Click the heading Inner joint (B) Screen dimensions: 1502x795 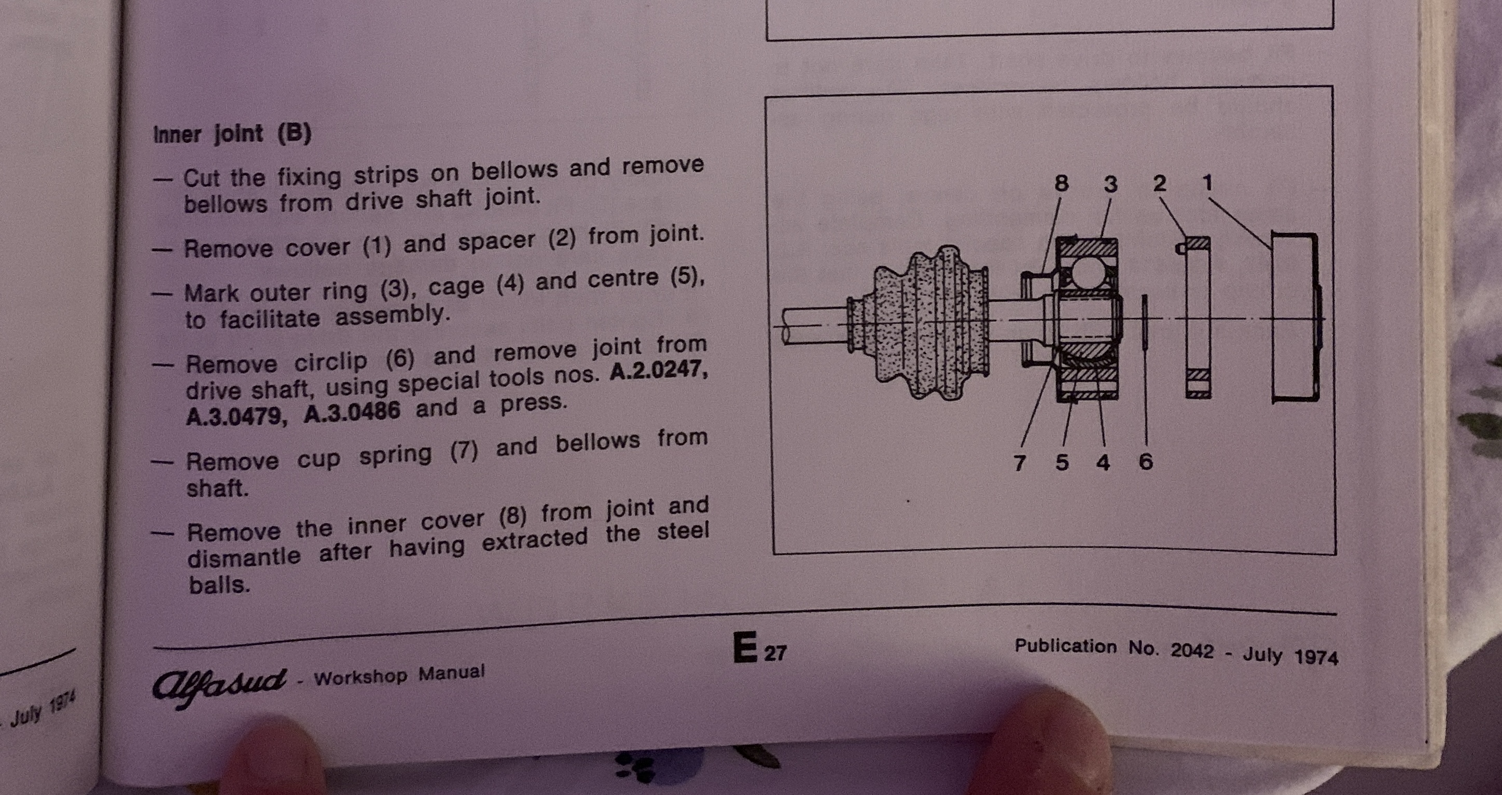(232, 134)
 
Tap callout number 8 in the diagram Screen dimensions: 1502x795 (1062, 184)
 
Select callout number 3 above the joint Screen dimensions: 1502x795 (1111, 184)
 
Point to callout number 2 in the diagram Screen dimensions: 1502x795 (1160, 183)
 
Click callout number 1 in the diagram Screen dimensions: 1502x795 (1207, 183)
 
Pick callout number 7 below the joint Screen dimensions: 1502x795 (1019, 463)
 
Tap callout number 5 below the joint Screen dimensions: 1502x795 (1062, 462)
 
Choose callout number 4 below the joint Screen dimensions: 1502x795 (1103, 462)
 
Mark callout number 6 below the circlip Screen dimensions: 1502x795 (1146, 462)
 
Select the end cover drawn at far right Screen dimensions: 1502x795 (1296, 318)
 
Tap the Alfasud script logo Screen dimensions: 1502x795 (220, 686)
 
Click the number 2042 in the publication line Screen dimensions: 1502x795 (1192, 650)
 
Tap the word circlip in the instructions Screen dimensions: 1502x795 (330, 361)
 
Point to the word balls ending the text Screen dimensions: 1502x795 (220, 584)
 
